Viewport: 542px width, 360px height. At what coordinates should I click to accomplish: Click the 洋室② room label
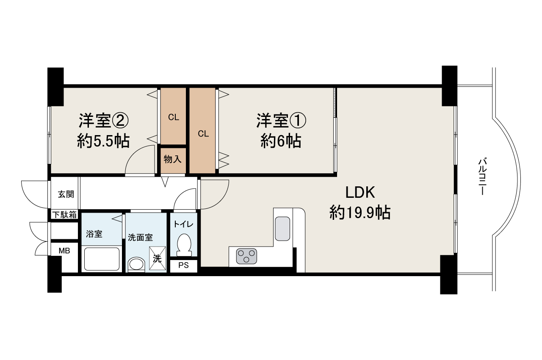[x=103, y=121]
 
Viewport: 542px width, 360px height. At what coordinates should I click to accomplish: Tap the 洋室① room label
[x=281, y=121]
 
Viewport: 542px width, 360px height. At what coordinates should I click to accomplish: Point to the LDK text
[x=360, y=192]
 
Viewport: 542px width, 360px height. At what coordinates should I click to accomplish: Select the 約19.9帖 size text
[x=360, y=213]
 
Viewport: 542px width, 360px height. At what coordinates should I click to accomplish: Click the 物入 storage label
[x=172, y=159]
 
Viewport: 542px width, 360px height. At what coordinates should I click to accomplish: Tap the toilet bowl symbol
[x=184, y=245]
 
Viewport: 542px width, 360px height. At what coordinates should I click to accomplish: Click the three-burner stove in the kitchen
[x=246, y=256]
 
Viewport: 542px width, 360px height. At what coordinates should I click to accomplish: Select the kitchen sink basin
[x=282, y=229]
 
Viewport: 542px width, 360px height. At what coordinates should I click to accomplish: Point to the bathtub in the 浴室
[x=102, y=259]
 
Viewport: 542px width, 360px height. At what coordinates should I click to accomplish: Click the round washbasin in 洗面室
[x=136, y=264]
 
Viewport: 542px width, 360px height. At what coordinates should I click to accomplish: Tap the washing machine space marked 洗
[x=157, y=258]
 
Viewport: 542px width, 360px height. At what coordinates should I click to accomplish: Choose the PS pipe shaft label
[x=183, y=266]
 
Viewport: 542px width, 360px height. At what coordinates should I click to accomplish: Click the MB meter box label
[x=64, y=251]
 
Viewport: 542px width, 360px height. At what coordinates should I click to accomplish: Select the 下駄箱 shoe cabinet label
[x=65, y=215]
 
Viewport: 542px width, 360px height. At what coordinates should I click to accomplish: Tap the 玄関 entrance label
[x=66, y=194]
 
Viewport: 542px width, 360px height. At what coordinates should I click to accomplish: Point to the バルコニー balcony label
[x=482, y=176]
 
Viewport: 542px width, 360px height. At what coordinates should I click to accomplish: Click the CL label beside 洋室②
[x=174, y=118]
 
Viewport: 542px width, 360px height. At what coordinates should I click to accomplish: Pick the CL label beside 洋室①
[x=203, y=134]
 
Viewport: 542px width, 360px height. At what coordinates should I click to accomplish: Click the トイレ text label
[x=184, y=224]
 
